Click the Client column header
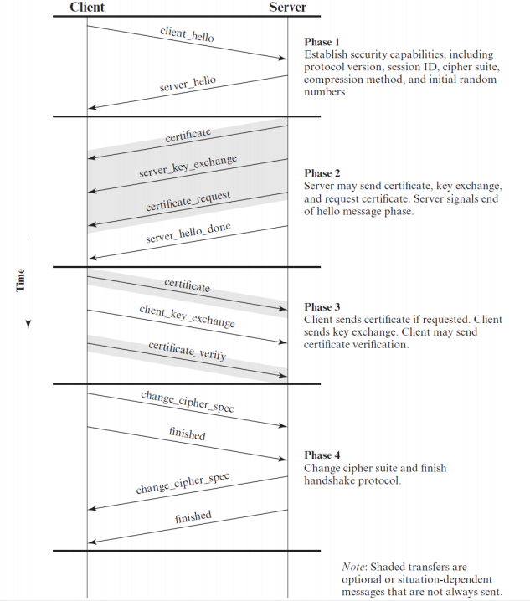(x=87, y=7)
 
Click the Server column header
(x=287, y=7)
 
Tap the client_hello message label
(x=187, y=34)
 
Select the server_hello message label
(x=188, y=83)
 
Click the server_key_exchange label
(x=188, y=166)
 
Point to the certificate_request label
(x=188, y=200)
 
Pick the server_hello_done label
(x=188, y=232)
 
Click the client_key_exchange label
(x=188, y=316)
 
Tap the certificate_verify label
(x=188, y=351)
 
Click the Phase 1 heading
(x=322, y=42)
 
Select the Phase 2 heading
(x=322, y=173)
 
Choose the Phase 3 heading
(x=322, y=307)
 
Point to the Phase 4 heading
(x=322, y=455)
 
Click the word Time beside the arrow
(x=20, y=280)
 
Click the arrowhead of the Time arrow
(x=28, y=324)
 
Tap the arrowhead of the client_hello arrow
(x=283, y=58)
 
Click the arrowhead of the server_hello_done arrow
(x=92, y=258)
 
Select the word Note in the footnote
(x=352, y=567)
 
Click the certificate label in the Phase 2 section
(x=188, y=135)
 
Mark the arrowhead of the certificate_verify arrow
(x=283, y=375)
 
